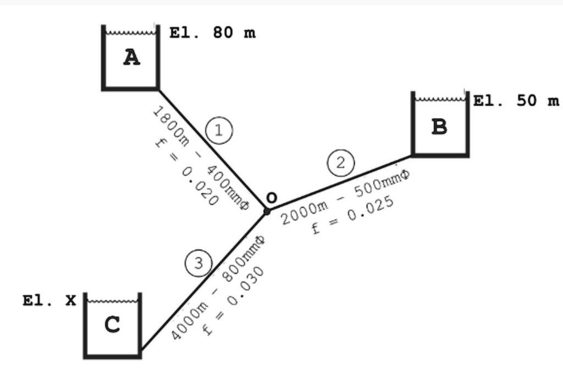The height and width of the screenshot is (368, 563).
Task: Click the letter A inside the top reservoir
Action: point(131,57)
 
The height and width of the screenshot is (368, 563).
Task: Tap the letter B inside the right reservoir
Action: point(439,127)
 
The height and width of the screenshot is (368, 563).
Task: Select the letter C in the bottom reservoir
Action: point(112,325)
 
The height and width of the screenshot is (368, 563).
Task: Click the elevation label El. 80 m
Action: point(212,33)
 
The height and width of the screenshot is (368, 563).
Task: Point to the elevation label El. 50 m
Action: point(516,101)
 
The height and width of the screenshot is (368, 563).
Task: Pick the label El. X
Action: point(49,300)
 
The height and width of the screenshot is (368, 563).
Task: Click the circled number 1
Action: point(219,131)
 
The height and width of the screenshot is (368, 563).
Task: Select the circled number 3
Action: point(198,263)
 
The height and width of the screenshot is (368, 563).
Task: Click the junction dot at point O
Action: point(267,211)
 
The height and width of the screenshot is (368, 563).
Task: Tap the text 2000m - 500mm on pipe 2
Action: point(345,198)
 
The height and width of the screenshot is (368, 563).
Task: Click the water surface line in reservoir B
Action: point(440,99)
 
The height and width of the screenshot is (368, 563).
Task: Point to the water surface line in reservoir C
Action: point(112,301)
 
